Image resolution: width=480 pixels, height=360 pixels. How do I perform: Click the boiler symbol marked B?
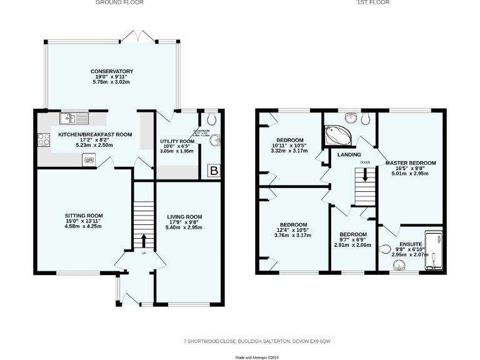point(214,171)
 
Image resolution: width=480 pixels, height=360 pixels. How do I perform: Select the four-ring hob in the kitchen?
point(44,140)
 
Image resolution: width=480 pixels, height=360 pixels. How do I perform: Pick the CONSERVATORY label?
point(112,71)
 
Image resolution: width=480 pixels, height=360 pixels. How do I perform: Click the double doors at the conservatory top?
point(137,37)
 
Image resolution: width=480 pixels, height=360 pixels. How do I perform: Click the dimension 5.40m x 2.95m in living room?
point(184,229)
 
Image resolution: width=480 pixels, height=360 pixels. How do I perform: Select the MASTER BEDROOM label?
point(411,162)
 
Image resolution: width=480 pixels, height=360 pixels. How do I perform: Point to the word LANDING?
point(348,154)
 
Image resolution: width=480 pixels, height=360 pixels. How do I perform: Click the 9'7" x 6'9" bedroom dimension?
point(352,240)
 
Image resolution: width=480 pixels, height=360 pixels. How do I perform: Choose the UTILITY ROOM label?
point(177,142)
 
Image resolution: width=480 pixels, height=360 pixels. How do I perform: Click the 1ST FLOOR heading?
point(373,2)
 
